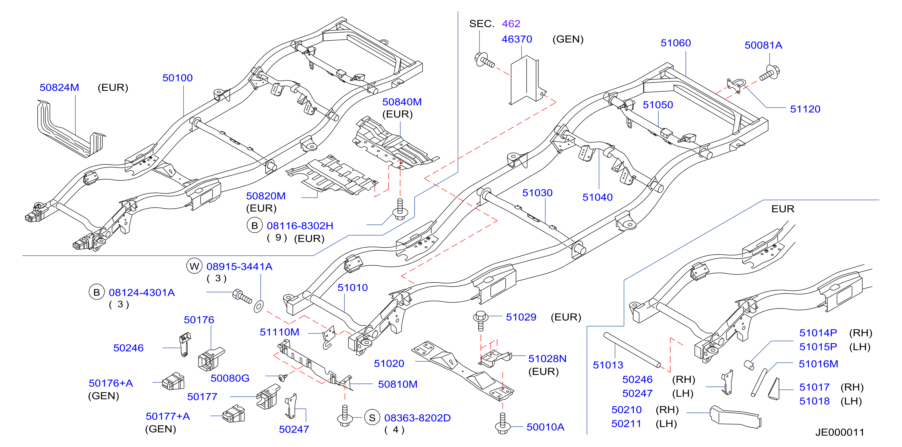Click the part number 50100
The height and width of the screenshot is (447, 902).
177,78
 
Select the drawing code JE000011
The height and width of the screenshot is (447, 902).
840,432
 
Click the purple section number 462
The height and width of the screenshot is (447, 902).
511,23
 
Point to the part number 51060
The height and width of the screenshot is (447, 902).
676,43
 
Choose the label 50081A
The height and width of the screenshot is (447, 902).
763,45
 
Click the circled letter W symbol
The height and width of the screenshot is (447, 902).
194,266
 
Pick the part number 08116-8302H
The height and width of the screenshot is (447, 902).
300,226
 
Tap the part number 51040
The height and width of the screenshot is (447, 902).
597,197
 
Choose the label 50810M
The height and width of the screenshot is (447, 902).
398,384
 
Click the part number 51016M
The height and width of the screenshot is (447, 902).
818,364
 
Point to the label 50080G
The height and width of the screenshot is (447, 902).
230,378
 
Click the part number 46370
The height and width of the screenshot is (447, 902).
517,39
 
